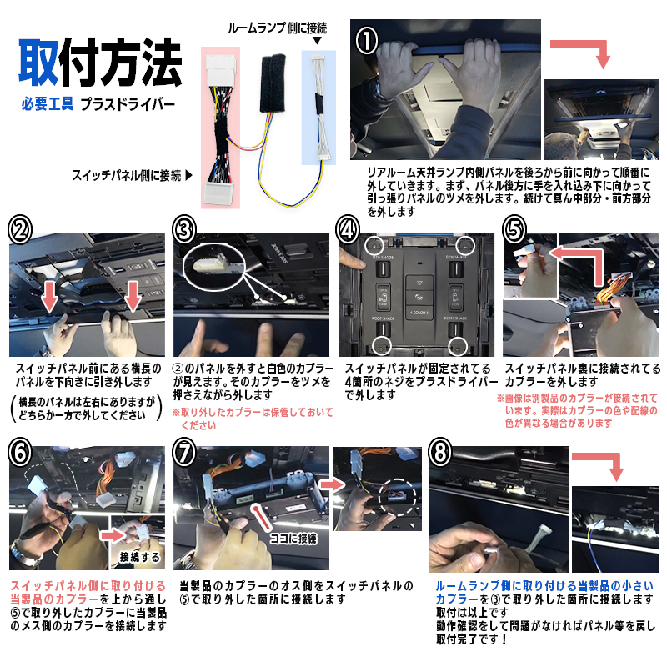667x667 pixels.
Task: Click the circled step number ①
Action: point(367,41)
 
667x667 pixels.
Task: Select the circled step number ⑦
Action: point(183,452)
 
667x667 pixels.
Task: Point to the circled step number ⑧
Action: point(440,452)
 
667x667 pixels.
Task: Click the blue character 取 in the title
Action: point(38,63)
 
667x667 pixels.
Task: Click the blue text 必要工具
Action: point(48,103)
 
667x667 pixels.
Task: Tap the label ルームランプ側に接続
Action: point(278,28)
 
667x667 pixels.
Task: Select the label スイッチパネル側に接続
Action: point(127,175)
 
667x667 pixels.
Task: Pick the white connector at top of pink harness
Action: point(221,70)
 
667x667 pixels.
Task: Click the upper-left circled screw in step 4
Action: point(374,245)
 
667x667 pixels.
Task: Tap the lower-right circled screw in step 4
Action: point(458,346)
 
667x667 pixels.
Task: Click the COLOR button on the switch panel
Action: point(419,313)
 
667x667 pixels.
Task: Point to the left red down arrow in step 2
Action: point(50,298)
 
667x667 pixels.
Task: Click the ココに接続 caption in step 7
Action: point(294,539)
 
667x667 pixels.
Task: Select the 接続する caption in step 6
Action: point(140,556)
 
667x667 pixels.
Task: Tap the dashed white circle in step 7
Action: point(397,496)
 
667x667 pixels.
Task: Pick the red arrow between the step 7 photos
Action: point(332,484)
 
